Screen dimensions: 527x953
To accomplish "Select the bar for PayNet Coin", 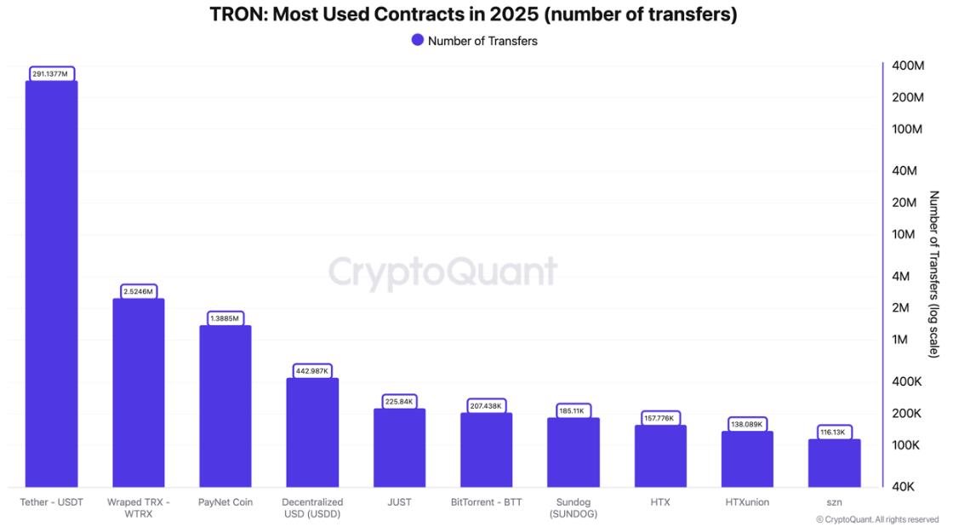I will click(x=225, y=405).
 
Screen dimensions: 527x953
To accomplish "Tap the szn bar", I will click(x=834, y=462).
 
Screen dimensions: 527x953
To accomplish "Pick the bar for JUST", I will click(x=399, y=447).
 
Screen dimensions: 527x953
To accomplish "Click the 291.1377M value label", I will click(x=51, y=74).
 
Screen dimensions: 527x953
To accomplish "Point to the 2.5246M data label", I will click(x=138, y=291).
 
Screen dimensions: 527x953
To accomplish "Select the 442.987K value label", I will click(x=312, y=371).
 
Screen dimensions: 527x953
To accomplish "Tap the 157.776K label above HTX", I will click(x=660, y=418).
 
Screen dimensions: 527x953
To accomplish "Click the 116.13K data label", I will click(x=834, y=432).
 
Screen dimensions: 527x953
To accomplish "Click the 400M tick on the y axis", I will click(x=908, y=66).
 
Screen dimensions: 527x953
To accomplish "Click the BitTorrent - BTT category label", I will click(x=486, y=502).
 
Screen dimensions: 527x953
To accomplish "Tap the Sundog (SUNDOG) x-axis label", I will click(x=574, y=508).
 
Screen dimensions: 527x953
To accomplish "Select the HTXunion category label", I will click(x=747, y=502).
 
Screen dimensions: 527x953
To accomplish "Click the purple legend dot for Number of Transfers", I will click(x=417, y=40).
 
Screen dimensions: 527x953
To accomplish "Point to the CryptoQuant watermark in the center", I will click(x=442, y=272).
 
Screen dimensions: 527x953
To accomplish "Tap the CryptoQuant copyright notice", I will click(x=877, y=519).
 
